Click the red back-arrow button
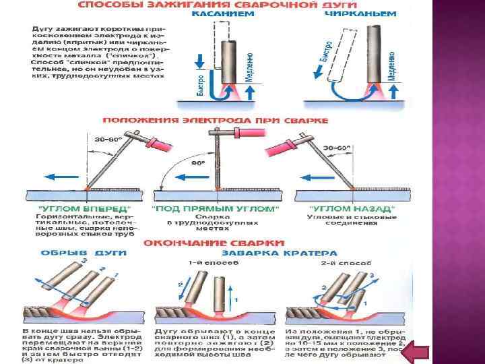[422, 351]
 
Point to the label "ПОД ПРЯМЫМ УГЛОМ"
[216, 210]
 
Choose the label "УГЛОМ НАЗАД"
[351, 210]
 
